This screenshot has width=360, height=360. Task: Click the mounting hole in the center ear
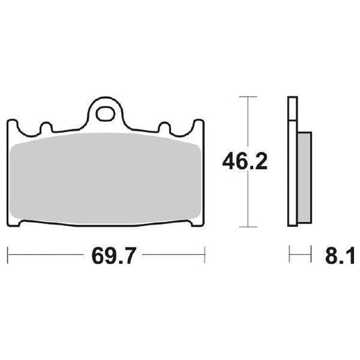click(106, 112)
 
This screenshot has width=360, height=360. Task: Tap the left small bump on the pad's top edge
click(46, 127)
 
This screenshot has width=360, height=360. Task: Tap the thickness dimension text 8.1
click(336, 256)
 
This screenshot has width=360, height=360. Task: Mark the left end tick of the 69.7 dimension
click(7, 255)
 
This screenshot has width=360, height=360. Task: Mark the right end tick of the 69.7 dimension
click(204, 255)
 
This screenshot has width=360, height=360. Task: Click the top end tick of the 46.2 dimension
click(249, 98)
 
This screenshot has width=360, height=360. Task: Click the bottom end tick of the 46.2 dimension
click(249, 226)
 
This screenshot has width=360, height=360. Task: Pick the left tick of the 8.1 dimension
click(289, 255)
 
